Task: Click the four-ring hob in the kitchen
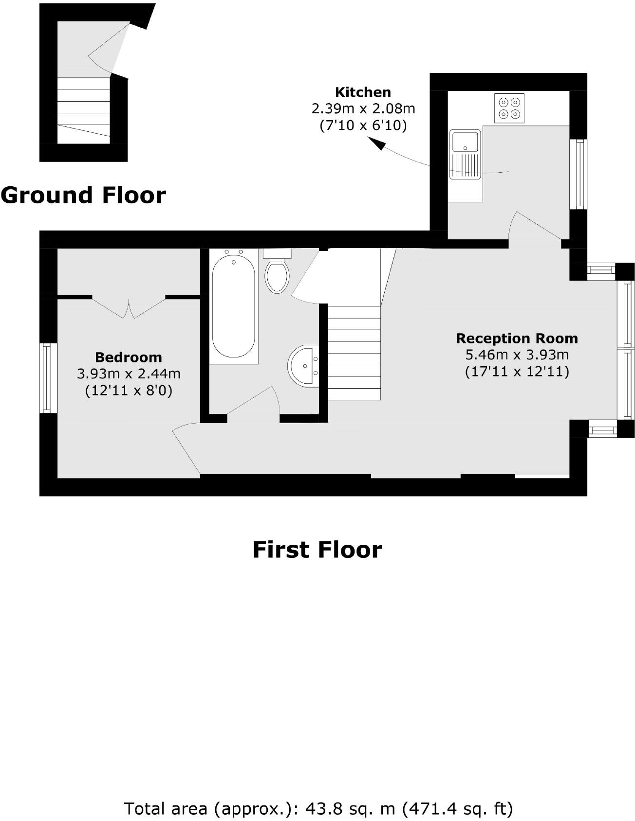pyautogui.click(x=509, y=108)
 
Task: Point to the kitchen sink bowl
pyautogui.click(x=465, y=142)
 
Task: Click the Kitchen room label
pyautogui.click(x=363, y=92)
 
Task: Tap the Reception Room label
pyautogui.click(x=517, y=338)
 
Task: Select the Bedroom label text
pyautogui.click(x=129, y=357)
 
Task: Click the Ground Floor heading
pyautogui.click(x=83, y=195)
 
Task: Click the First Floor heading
pyautogui.click(x=317, y=550)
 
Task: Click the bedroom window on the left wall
pyautogui.click(x=47, y=378)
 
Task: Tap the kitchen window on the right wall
pyautogui.click(x=579, y=174)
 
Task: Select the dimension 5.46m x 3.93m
pyautogui.click(x=517, y=355)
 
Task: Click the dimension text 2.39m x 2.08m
pyautogui.click(x=363, y=108)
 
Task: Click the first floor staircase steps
pyautogui.click(x=354, y=353)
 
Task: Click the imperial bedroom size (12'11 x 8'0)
pyautogui.click(x=129, y=391)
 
